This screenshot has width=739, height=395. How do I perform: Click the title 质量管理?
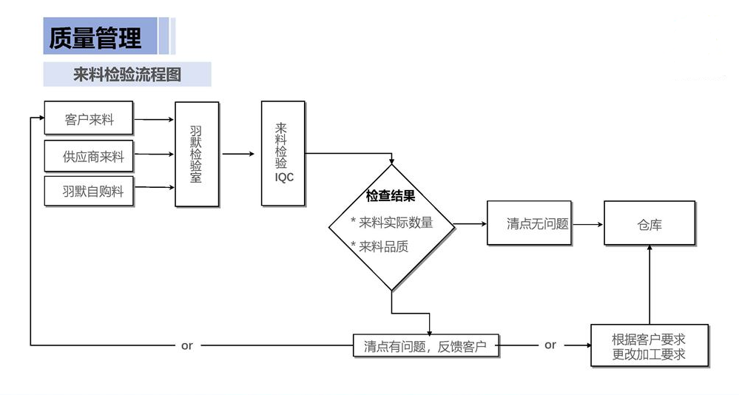tap(95, 37)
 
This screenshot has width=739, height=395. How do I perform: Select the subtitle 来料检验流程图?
tap(127, 75)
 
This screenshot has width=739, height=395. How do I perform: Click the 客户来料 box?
tap(89, 119)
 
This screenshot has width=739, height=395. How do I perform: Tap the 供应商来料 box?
tap(89, 156)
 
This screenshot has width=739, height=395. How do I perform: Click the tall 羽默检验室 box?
tap(197, 154)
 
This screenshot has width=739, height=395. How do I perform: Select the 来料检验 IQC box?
tap(283, 153)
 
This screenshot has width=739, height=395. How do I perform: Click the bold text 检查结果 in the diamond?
tap(391, 197)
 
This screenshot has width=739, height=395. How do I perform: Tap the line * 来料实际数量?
tap(392, 222)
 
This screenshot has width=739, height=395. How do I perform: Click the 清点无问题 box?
tap(529, 223)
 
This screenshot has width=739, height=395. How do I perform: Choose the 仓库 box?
tap(649, 223)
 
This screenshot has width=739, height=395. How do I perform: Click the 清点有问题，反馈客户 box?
tap(426, 345)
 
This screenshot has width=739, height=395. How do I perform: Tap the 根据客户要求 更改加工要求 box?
tap(649, 345)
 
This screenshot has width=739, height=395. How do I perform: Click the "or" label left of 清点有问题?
tap(187, 345)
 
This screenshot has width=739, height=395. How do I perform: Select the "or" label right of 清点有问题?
tap(550, 345)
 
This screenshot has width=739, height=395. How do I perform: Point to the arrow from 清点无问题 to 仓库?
tap(587, 223)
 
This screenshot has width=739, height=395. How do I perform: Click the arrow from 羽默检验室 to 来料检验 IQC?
tap(240, 155)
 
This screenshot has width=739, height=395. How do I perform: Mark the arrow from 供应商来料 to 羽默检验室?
tap(154, 155)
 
